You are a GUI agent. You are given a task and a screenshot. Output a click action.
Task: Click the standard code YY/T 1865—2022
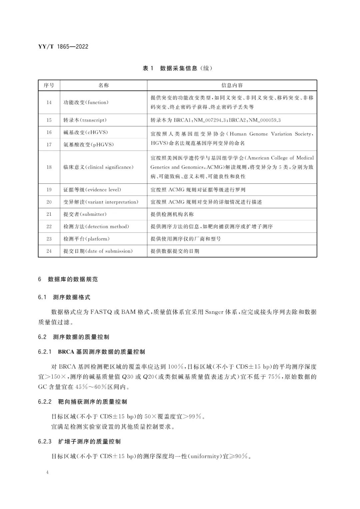point(63,47)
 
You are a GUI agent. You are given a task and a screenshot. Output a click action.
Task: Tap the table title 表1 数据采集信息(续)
point(177,68)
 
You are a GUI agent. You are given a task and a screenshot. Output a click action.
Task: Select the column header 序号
point(49,85)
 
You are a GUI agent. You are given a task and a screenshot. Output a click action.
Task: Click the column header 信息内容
point(232,85)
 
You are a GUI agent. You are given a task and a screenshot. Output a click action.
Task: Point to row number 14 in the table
point(49,102)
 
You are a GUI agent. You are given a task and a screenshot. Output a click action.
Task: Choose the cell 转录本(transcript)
point(85,120)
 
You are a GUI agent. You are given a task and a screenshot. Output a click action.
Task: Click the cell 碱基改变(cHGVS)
point(86,132)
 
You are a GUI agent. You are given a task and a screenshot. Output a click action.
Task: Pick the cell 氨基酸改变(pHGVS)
point(88,144)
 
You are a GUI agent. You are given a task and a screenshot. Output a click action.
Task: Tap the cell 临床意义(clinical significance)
point(98,167)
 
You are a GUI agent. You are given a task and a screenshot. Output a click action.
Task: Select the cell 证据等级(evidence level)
point(92,190)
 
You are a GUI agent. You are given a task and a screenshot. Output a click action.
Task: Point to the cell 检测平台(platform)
point(86,239)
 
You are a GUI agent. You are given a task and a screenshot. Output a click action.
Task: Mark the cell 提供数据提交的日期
point(175,251)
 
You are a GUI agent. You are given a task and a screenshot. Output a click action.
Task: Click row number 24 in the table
point(49,251)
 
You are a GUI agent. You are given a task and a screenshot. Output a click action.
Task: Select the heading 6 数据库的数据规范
point(68,280)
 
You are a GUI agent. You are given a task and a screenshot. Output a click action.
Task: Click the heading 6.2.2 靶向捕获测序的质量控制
point(82,402)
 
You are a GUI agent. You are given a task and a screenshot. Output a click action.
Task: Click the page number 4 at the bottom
point(48,472)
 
